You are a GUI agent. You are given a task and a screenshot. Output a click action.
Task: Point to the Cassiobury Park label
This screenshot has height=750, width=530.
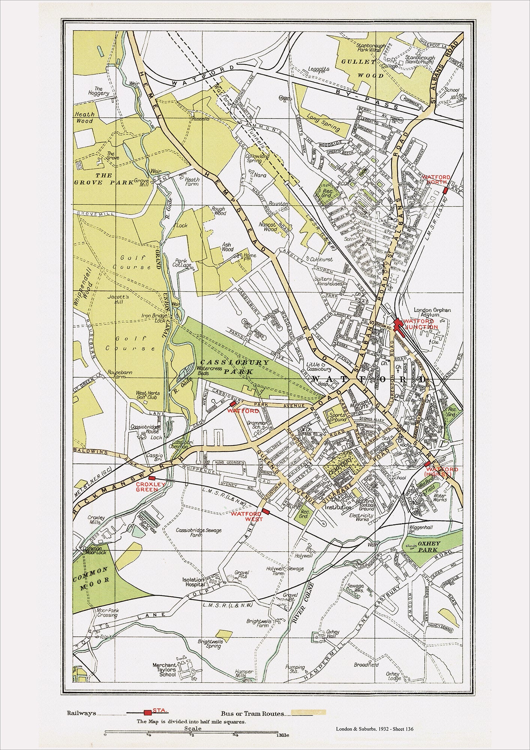(x=235, y=367)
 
